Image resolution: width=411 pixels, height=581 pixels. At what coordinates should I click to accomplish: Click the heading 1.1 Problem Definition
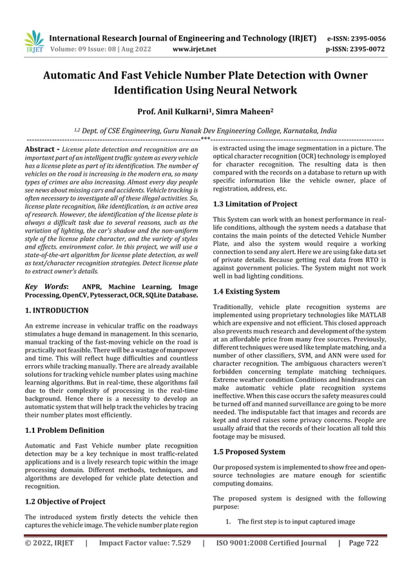[x=64, y=430]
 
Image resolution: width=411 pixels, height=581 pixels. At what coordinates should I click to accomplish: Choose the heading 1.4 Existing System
[x=246, y=292]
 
